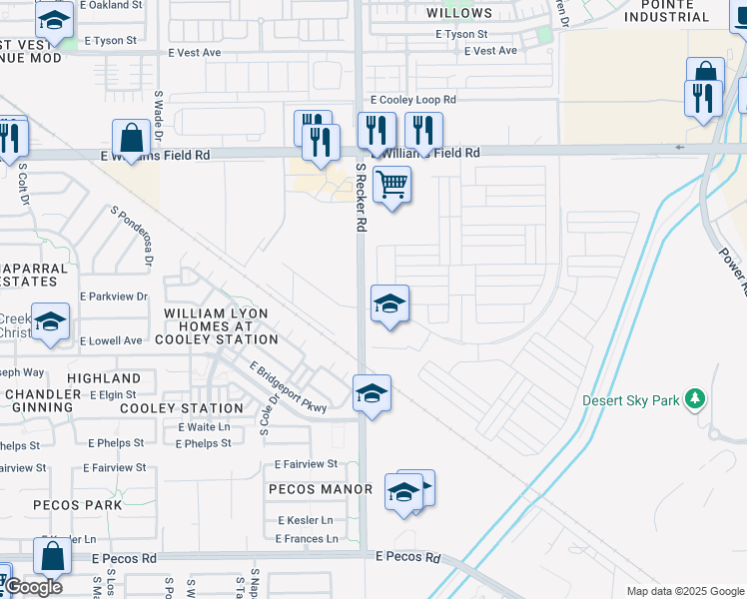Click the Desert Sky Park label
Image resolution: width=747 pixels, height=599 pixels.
[x=631, y=400]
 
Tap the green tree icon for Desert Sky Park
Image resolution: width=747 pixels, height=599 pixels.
[x=695, y=400]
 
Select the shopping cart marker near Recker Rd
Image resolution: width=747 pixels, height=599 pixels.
[x=391, y=184]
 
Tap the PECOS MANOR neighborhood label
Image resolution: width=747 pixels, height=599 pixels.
[x=320, y=489]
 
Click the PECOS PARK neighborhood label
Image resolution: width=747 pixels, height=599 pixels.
[x=78, y=505]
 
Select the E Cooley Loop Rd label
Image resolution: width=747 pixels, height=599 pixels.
[x=412, y=100]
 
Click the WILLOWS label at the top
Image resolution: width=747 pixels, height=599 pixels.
[x=459, y=13]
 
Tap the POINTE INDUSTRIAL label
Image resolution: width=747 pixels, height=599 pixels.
[x=693, y=11]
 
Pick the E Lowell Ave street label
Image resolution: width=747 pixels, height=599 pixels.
[x=111, y=340]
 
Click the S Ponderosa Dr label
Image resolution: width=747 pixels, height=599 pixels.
[x=133, y=236]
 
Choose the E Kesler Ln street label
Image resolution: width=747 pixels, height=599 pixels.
[x=305, y=520]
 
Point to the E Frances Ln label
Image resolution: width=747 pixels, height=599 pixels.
[x=307, y=538]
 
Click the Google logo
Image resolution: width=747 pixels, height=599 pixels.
[x=33, y=587]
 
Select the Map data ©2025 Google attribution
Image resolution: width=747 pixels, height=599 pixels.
[x=684, y=591]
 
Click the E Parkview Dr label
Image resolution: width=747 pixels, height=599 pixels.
[x=113, y=297]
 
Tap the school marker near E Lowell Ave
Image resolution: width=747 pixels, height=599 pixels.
[x=50, y=321]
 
